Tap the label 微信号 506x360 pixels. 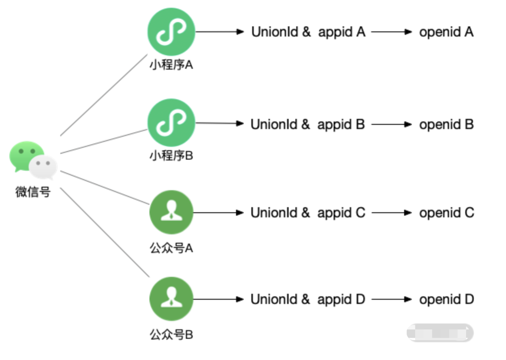tap(33, 192)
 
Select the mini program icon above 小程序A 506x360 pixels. tap(171, 31)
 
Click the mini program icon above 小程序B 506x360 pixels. tap(171, 123)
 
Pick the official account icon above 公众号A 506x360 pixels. tap(171, 212)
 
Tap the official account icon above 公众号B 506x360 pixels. tap(171, 299)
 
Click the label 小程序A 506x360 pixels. tap(171, 65)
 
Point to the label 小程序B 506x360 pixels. tap(171, 156)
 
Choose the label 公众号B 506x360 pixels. tap(171, 335)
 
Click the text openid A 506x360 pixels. tap(446, 32)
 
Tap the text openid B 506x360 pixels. tap(446, 124)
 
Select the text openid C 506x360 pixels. tap(446, 213)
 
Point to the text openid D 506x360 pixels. tap(446, 299)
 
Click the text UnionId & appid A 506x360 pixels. tap(308, 32)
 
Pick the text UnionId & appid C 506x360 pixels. tap(308, 213)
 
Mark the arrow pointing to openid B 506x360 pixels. tap(391, 124)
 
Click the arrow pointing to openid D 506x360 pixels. tap(391, 299)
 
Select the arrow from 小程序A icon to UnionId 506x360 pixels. tap(220, 31)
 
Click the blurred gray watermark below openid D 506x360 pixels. tap(440, 332)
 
